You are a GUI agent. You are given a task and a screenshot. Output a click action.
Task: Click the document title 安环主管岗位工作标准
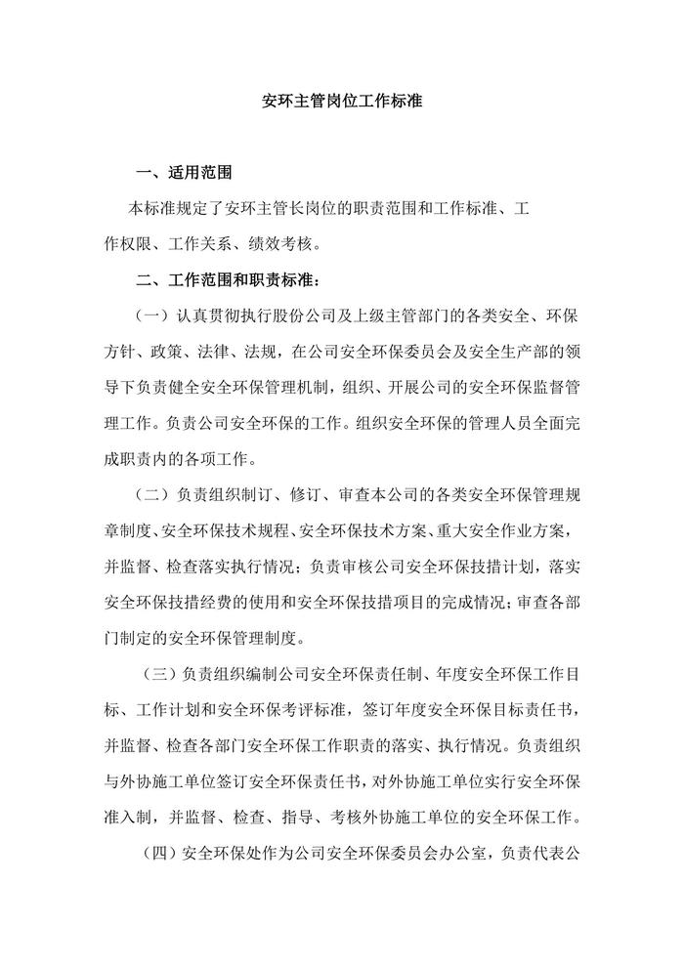pyautogui.click(x=343, y=101)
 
